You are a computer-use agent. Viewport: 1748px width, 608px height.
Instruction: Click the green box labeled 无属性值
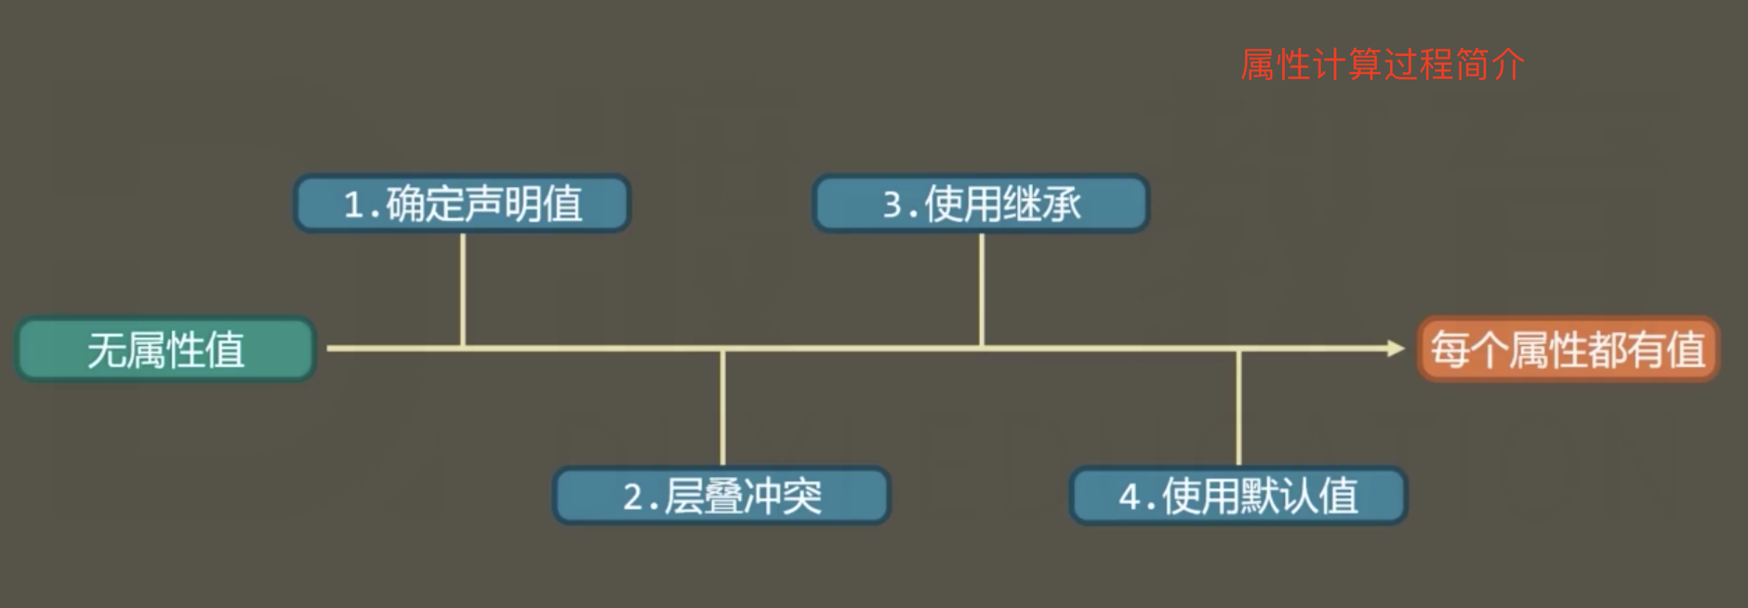166,349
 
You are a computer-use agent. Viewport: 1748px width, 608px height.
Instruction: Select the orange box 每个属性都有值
1568,349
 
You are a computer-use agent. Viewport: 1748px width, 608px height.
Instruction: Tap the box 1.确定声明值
462,204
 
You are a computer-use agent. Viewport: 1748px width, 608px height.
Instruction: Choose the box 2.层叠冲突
722,495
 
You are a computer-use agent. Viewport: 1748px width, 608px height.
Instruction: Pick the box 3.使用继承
981,204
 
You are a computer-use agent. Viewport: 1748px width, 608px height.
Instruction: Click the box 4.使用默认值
1238,495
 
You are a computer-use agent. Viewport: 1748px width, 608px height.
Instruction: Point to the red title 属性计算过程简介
1382,65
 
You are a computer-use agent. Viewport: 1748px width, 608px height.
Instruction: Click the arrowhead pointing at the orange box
1395,348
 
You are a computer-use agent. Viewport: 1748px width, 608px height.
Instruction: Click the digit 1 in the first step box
354,205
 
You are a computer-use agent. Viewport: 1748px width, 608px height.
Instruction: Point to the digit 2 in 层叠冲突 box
633,497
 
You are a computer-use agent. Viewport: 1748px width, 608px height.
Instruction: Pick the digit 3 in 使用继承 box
893,205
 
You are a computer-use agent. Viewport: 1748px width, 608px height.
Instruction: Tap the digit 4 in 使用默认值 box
1129,497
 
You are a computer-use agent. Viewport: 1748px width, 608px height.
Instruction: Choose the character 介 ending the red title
1506,65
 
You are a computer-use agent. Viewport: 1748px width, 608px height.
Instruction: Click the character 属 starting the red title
1258,65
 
